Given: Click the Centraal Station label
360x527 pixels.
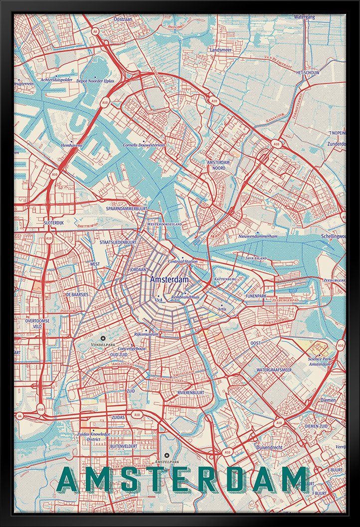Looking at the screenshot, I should [x=183, y=261].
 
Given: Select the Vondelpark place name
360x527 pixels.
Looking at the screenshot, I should [x=103, y=344].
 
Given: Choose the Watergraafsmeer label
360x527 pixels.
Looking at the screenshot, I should [x=274, y=370].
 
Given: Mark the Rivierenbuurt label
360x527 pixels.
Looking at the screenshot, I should [x=190, y=393].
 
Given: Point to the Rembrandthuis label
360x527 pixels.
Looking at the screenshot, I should [x=185, y=297].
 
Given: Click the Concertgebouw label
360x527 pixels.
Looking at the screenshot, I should [x=132, y=348].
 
